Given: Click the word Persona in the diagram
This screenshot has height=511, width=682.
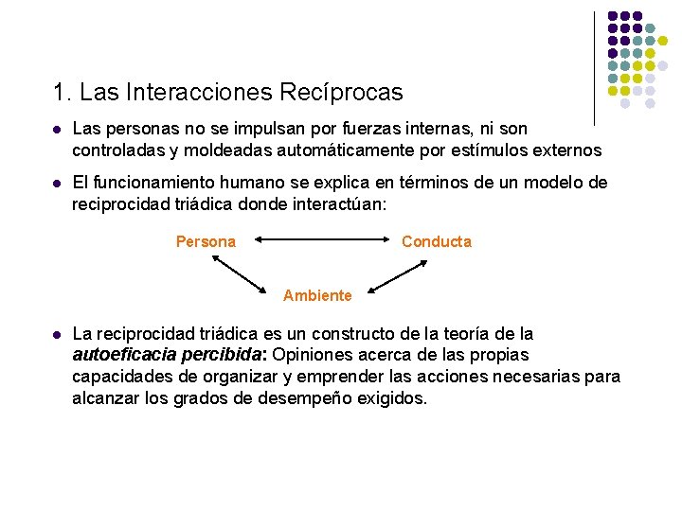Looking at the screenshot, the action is [x=206, y=241].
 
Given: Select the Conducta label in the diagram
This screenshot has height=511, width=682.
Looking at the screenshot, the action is [x=436, y=241].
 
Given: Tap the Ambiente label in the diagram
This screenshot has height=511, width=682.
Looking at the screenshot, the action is [x=317, y=295].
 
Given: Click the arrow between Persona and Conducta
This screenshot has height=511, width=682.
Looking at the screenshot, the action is [x=317, y=240].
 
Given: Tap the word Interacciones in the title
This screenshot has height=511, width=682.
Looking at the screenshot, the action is [x=193, y=93].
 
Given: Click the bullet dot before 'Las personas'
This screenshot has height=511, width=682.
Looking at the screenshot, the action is [x=58, y=129].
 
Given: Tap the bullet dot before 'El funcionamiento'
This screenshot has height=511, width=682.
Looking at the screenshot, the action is [x=58, y=183].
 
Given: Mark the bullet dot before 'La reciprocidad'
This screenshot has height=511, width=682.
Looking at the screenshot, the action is [x=58, y=335].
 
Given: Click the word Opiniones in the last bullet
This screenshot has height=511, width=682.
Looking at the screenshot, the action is [x=308, y=355].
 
